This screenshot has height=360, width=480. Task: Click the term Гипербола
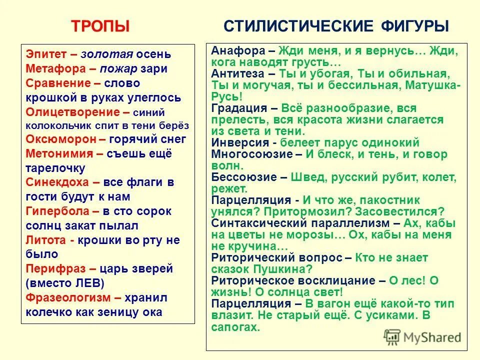pos(54,211)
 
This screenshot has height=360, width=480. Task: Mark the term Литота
pos(46,240)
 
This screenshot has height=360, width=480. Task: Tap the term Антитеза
pos(238,73)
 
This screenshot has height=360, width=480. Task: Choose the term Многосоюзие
pos(249,154)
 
